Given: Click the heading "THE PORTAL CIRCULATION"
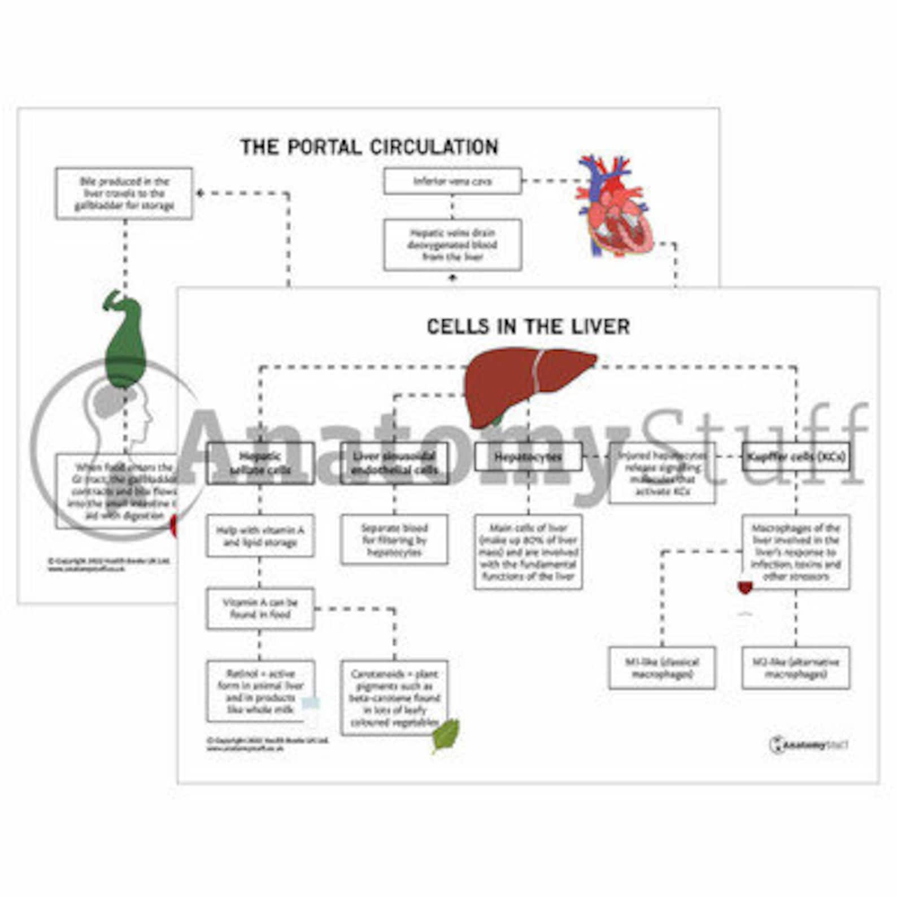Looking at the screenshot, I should point(369,147).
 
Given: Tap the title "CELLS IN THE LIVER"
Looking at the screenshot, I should point(528,326).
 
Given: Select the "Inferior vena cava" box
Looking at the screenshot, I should point(452,181).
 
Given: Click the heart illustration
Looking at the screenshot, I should point(613,206).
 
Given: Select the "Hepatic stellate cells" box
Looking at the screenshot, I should point(260,463).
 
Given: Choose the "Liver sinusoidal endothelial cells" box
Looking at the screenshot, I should point(394,463).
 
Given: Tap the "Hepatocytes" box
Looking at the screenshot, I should point(528,457).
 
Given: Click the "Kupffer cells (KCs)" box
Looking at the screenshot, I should point(796,457).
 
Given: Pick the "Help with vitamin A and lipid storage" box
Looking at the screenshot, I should point(260,536).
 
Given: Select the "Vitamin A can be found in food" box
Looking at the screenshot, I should point(260,608).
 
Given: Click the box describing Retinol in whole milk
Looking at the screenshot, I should point(260,691).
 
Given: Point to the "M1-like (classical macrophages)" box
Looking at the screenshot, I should point(662,668).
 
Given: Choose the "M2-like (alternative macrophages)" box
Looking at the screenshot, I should point(796,668).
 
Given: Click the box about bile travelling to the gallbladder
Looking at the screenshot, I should point(124,193).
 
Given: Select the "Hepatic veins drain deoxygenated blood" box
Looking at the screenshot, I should point(452,245).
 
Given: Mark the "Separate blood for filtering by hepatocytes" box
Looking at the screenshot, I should point(394,539).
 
